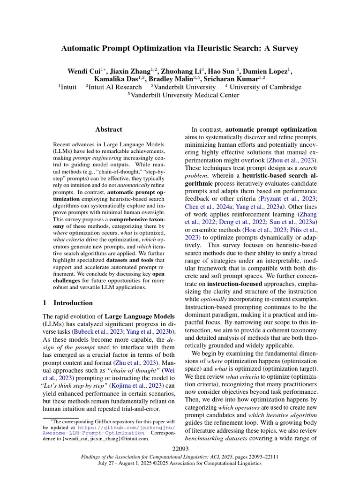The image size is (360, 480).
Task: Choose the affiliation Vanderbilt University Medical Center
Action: pos(185,95)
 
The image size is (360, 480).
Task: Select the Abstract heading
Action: pos(108,129)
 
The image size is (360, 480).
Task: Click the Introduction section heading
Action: pos(73,303)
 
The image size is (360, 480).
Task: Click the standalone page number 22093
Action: pos(180,450)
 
